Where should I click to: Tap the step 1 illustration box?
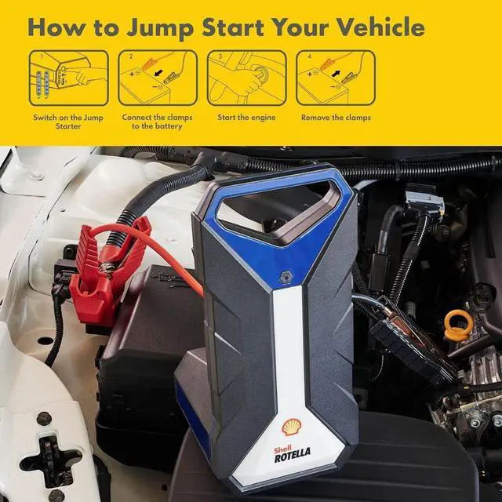coord(70,78)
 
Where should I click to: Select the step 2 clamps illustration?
coord(158,78)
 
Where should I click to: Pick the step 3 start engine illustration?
coord(246,78)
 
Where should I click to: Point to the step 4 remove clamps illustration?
coord(335,78)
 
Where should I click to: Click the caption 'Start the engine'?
coord(246,118)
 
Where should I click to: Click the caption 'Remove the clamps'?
coord(336,118)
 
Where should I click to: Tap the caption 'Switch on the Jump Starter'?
coord(69,122)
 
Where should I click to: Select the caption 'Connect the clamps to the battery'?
coord(158,122)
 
